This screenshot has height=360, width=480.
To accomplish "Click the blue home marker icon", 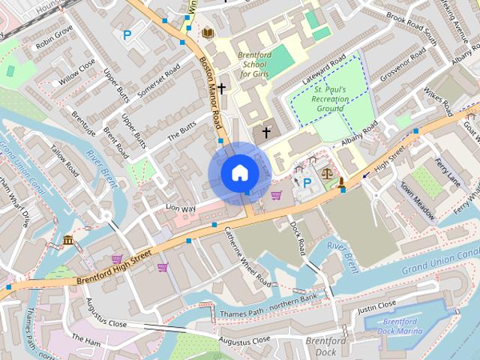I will click(x=239, y=173).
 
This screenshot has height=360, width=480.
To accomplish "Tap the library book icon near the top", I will click(x=208, y=32).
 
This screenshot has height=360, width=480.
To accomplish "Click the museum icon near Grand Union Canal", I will click(x=68, y=240).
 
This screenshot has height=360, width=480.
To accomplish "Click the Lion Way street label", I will click(x=180, y=208).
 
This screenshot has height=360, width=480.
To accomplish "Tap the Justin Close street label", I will click(x=376, y=306).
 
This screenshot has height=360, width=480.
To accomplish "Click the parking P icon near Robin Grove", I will click(x=127, y=34).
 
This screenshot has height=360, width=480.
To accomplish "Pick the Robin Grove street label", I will click(x=53, y=37).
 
